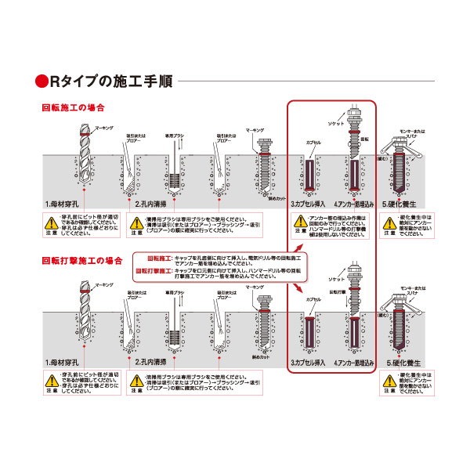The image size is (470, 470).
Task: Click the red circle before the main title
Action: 42,81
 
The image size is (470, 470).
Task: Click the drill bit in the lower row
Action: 83,309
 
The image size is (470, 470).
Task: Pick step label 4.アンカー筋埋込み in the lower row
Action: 355,363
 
